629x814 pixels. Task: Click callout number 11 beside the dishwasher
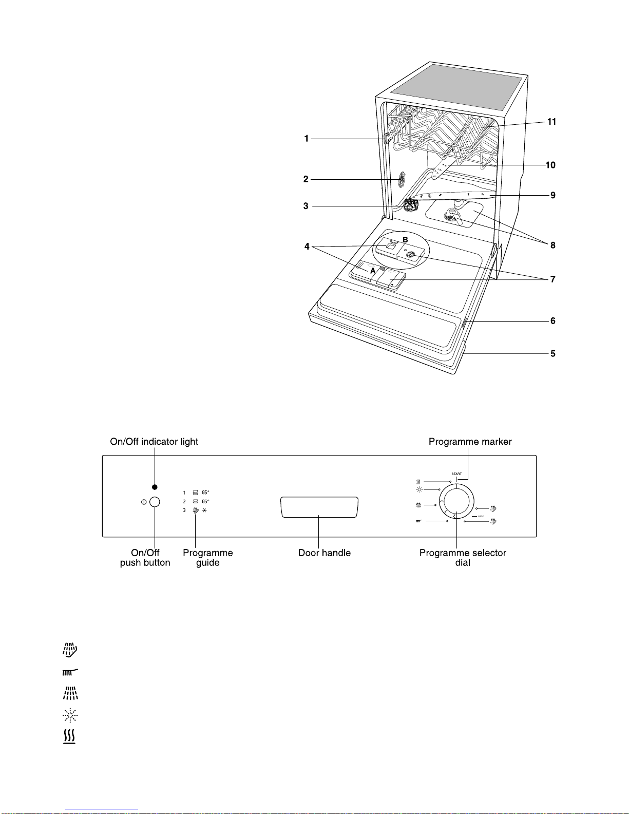click(x=551, y=122)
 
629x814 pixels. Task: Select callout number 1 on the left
click(x=307, y=138)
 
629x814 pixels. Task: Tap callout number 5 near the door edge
click(x=553, y=353)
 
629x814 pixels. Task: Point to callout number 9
click(x=553, y=195)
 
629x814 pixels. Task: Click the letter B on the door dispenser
click(x=405, y=240)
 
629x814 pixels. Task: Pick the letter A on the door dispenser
click(x=373, y=271)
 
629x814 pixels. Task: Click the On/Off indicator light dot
click(x=155, y=487)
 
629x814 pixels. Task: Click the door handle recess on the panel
click(x=319, y=507)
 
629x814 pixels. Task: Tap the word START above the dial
click(x=456, y=474)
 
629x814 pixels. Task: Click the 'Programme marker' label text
click(x=470, y=442)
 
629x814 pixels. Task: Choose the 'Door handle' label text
click(x=325, y=553)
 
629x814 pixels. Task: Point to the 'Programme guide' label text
click(x=208, y=558)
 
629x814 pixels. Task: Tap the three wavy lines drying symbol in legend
click(x=69, y=737)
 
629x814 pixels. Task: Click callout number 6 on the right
click(x=553, y=321)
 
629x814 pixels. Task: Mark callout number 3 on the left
click(x=306, y=206)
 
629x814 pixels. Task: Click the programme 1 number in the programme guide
click(x=184, y=493)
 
